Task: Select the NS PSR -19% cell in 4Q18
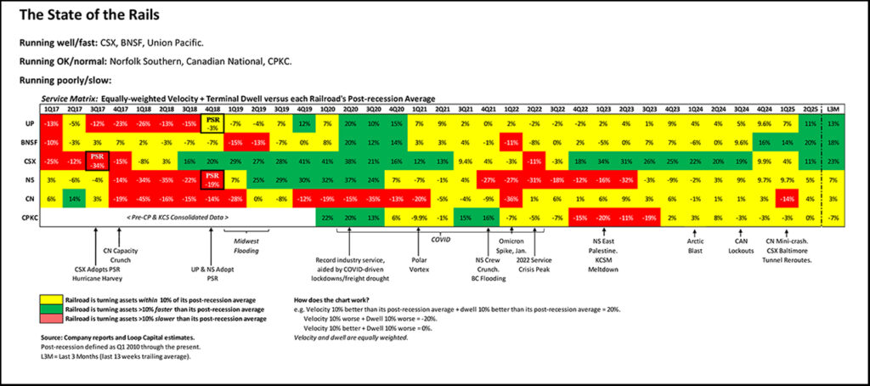[212, 179]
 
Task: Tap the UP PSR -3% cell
[212, 123]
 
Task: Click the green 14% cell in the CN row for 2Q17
[75, 197]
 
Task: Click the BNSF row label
[29, 141]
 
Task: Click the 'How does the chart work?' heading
[336, 300]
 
